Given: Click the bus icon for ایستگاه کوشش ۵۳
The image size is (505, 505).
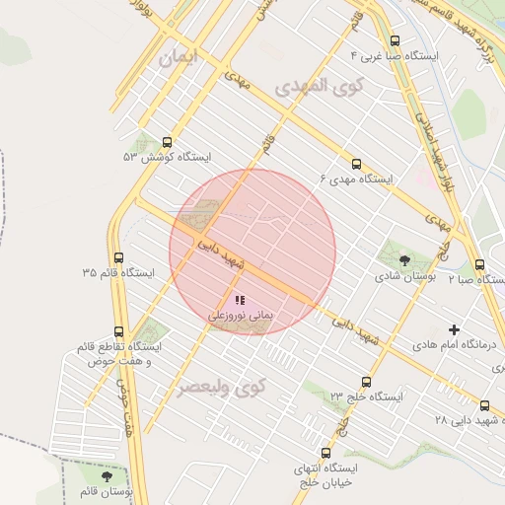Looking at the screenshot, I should click(x=167, y=142).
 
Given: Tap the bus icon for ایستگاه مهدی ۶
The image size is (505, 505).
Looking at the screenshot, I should click(x=356, y=164).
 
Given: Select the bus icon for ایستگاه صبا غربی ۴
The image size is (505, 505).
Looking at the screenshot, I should click(x=396, y=40).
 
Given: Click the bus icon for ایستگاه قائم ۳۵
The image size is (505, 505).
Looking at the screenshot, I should click(x=119, y=256).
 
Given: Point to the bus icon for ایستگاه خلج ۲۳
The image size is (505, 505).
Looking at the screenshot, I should click(x=367, y=382).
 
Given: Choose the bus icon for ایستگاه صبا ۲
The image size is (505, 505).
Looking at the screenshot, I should click(x=480, y=264).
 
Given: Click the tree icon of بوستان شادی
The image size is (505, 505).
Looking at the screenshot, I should click(x=404, y=260).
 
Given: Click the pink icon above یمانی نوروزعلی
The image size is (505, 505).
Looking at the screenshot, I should click(x=239, y=299).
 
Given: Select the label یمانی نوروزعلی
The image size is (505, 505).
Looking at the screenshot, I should click(x=239, y=316).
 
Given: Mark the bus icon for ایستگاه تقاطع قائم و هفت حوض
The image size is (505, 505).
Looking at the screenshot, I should click(x=119, y=331).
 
